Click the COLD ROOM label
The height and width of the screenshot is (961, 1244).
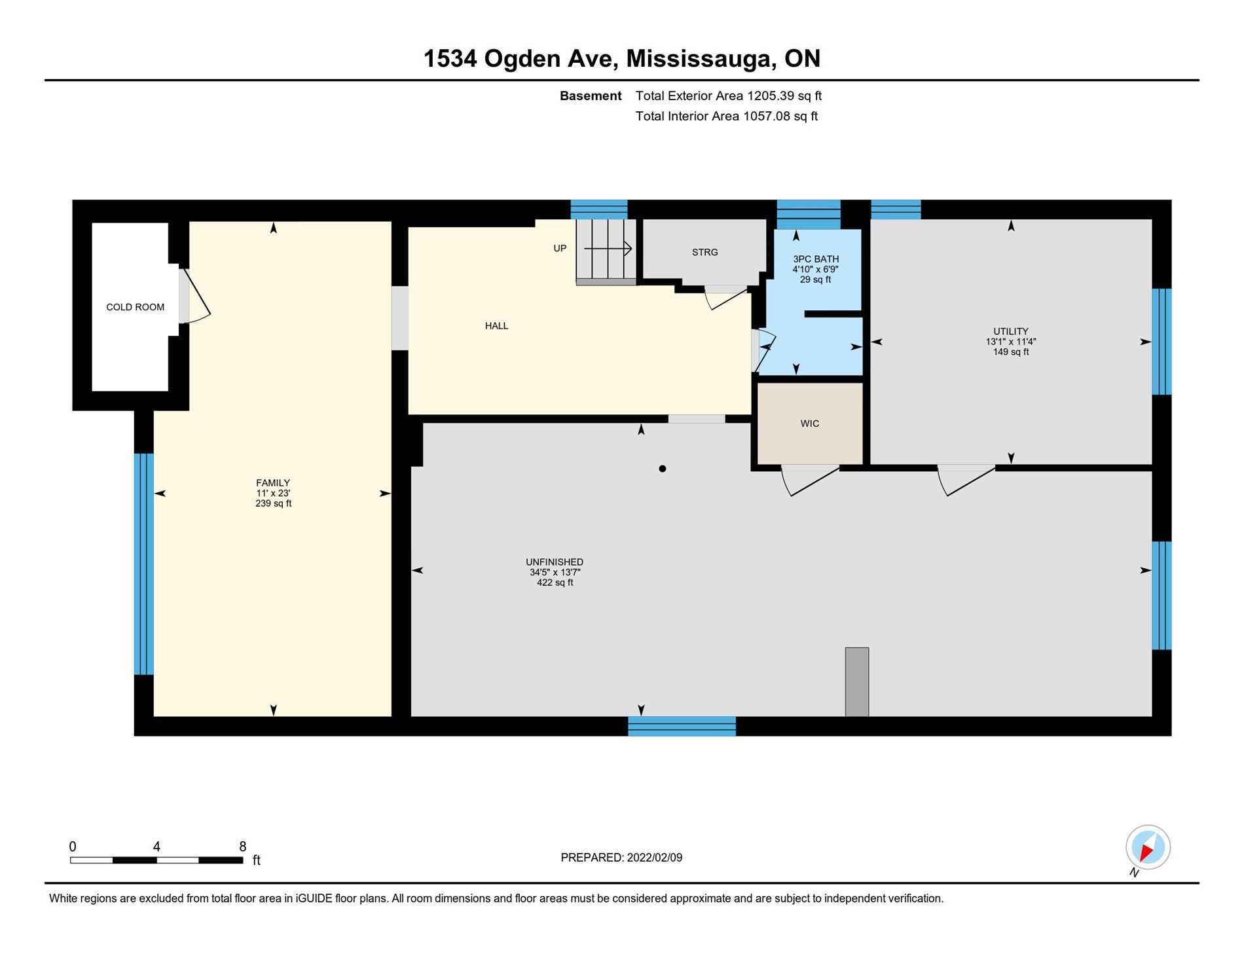tap(135, 307)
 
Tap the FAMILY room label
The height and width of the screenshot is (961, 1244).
tap(273, 483)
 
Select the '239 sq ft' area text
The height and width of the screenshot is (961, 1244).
tap(273, 503)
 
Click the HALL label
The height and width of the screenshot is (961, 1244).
tap(496, 326)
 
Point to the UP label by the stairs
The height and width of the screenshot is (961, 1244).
tap(560, 248)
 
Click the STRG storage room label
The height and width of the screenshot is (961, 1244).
tap(704, 252)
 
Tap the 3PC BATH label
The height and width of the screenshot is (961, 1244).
tap(815, 259)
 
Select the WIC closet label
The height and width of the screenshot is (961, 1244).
tap(809, 424)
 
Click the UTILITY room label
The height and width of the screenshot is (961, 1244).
tap(1010, 331)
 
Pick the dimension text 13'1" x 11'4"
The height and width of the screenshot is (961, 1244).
tap(1010, 342)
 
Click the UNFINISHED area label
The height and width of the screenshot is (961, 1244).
tap(554, 562)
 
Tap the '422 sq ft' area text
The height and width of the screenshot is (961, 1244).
tap(554, 583)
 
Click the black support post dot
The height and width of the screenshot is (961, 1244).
tap(663, 469)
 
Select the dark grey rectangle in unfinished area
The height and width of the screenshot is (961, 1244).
tap(856, 681)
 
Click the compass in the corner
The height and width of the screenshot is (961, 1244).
tap(1148, 847)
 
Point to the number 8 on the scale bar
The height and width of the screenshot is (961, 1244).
tap(242, 846)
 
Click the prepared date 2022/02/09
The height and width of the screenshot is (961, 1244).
tap(654, 858)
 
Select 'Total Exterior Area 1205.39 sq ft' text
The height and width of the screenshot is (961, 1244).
tap(728, 96)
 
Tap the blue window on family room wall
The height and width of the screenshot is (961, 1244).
tap(143, 564)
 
